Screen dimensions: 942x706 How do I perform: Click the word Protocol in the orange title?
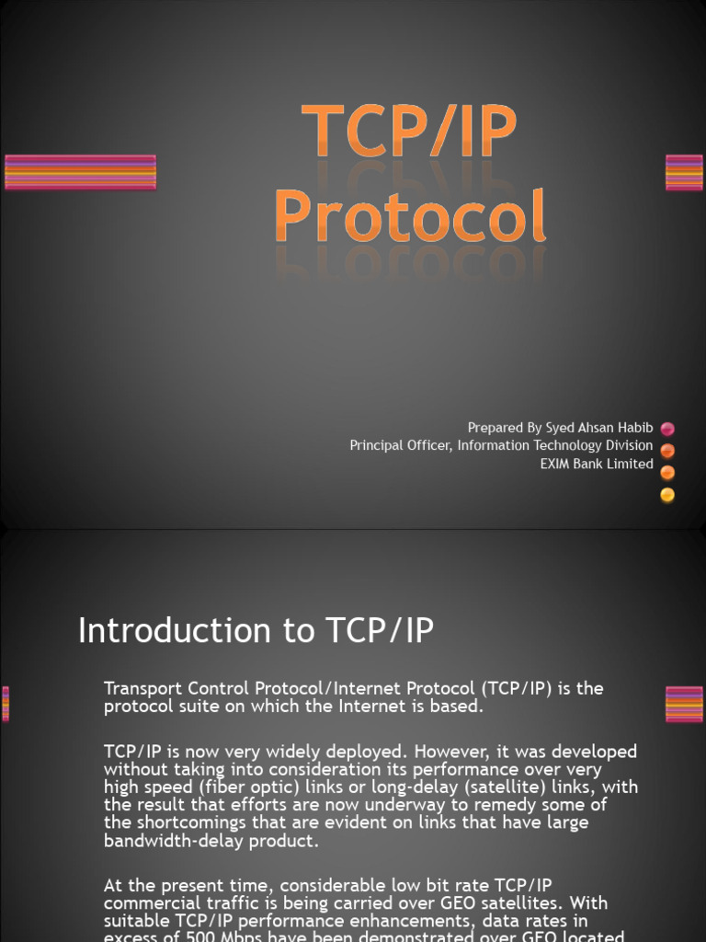click(x=410, y=218)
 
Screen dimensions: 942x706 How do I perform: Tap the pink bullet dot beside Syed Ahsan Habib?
click(x=667, y=429)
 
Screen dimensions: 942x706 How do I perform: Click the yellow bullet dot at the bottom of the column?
click(x=667, y=495)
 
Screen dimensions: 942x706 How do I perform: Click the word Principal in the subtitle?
click(x=376, y=446)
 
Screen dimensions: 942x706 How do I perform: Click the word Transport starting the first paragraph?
click(x=147, y=688)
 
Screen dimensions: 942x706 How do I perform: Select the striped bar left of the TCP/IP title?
click(x=80, y=173)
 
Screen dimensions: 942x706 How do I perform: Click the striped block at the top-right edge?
click(x=684, y=173)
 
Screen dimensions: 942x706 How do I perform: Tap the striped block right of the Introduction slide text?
click(x=684, y=704)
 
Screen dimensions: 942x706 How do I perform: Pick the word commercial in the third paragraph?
click(x=152, y=903)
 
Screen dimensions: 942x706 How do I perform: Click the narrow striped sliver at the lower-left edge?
click(x=6, y=704)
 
